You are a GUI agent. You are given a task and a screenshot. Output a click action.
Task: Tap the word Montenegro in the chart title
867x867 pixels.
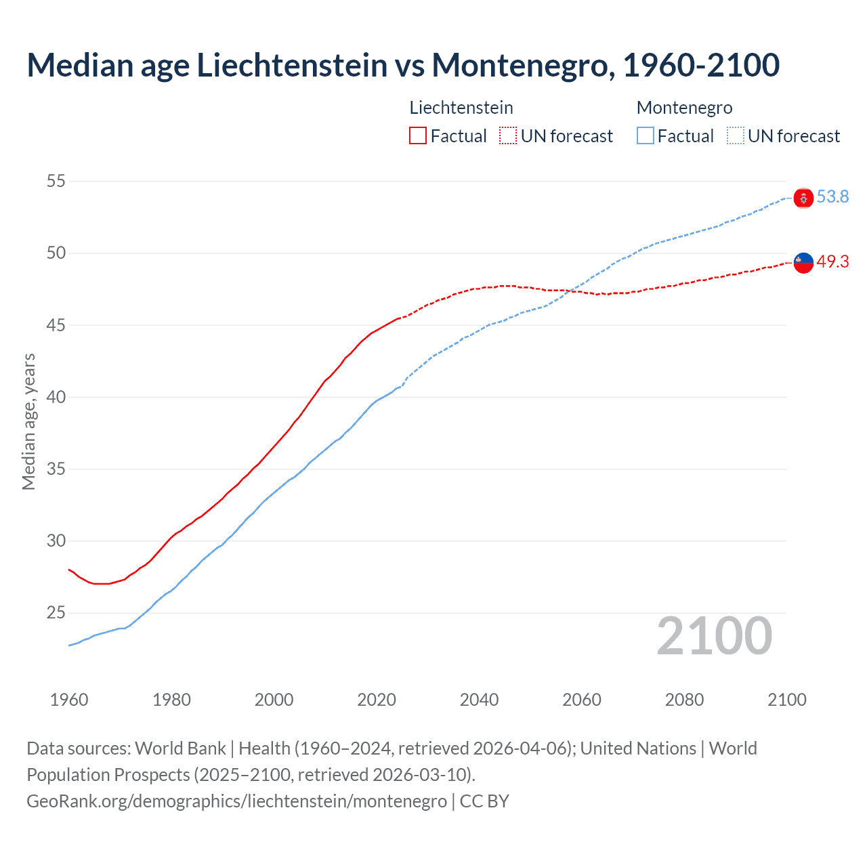522,65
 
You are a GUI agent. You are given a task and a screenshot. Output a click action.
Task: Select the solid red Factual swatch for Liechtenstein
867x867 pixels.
418,136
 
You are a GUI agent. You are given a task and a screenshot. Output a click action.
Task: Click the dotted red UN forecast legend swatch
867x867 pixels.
508,136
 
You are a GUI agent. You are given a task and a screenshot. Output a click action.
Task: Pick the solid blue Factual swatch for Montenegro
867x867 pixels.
645,136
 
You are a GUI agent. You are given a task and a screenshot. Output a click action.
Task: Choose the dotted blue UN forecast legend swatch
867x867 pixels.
735,136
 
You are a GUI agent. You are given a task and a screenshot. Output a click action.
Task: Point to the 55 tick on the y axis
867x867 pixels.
56,182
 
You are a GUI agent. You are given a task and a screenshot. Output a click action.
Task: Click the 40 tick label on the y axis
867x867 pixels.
56,397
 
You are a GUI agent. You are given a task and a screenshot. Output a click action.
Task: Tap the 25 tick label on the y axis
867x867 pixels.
56,613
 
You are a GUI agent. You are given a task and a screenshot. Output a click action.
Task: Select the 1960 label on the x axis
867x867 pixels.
69,700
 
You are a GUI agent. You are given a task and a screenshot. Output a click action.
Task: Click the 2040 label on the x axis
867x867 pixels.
479,700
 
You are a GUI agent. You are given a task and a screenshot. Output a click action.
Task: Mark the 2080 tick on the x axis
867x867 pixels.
684,700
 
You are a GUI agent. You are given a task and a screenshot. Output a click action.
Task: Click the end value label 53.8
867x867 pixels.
832,197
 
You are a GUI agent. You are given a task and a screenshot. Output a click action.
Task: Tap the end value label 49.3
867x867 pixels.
832,262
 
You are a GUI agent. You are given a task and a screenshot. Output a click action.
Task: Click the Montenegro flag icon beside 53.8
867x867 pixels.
803,198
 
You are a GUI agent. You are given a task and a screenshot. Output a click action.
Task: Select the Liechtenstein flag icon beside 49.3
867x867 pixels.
803,263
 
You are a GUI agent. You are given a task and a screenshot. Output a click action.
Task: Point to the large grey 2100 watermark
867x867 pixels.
714,636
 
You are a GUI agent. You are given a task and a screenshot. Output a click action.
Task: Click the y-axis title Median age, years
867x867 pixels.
28,421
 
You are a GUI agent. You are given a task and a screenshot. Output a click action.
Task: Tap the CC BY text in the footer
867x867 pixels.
484,801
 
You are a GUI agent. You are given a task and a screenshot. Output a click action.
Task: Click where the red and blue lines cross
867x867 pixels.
571,291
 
